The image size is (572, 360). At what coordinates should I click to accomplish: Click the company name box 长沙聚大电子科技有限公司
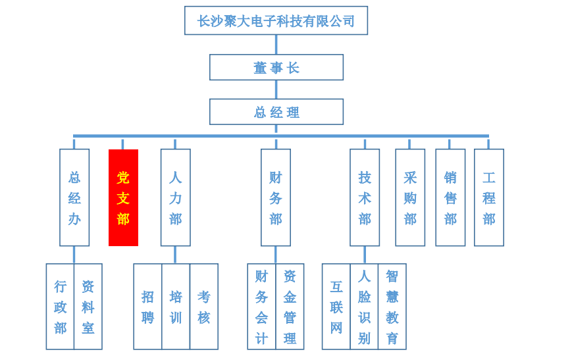click(x=276, y=20)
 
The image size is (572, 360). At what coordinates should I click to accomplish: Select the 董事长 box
click(x=276, y=67)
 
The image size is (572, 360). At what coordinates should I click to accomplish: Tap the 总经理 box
click(x=276, y=112)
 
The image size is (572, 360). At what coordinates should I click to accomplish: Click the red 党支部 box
click(x=123, y=197)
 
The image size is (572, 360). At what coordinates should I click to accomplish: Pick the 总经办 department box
click(x=74, y=197)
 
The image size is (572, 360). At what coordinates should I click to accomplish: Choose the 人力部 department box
click(x=175, y=197)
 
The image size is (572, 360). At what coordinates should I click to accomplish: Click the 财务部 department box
click(x=275, y=197)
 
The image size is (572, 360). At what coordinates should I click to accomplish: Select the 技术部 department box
click(x=365, y=197)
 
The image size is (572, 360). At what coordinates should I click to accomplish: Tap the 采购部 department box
click(x=410, y=197)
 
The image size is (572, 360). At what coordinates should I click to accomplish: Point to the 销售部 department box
click(x=450, y=197)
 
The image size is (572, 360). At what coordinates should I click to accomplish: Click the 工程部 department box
click(x=488, y=197)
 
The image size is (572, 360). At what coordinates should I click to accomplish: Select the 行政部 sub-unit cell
click(x=60, y=307)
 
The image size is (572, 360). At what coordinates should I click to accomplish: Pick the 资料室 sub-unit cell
click(x=88, y=307)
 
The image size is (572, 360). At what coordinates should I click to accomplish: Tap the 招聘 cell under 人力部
click(x=147, y=307)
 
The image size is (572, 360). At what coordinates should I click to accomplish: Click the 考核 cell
click(x=204, y=307)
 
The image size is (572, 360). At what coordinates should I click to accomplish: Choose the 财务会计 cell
click(x=261, y=307)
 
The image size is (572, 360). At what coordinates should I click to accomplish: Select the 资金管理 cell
click(x=290, y=307)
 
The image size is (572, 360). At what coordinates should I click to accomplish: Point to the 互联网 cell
click(x=336, y=307)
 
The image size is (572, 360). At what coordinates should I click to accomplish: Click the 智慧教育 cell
click(x=392, y=307)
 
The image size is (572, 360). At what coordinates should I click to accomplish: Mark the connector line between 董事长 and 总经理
click(x=276, y=90)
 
